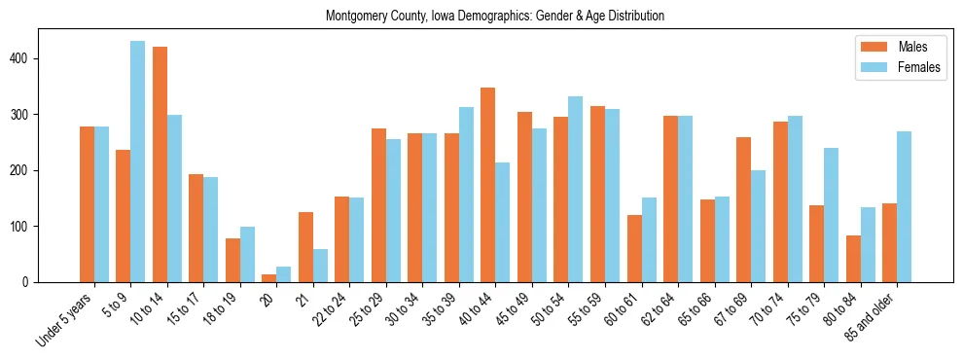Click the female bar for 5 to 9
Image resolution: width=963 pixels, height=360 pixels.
(x=138, y=162)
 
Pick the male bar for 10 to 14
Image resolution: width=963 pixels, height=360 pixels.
(x=160, y=164)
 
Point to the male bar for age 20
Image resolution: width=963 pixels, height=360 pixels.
(x=269, y=278)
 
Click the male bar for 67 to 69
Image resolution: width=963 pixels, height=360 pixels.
(x=743, y=209)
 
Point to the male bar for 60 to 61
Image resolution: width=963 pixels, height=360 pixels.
(x=634, y=248)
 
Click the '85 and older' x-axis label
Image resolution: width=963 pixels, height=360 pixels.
(x=871, y=316)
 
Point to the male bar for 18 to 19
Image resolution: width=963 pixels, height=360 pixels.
(x=232, y=260)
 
